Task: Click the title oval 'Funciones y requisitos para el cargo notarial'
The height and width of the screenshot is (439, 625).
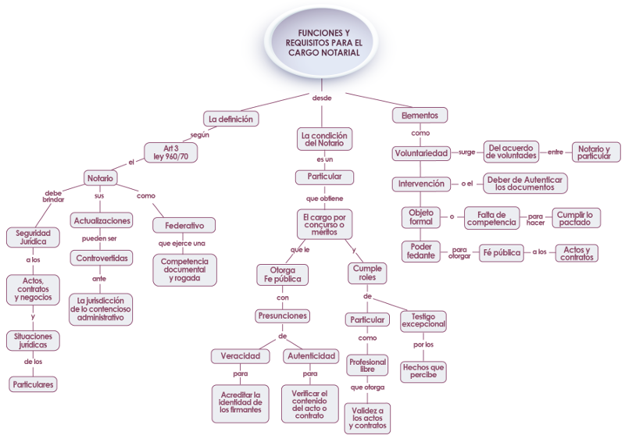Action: coord(321,43)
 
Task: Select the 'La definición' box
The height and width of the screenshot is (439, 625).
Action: coord(230,119)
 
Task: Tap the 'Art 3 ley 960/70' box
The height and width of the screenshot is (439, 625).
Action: coord(170,152)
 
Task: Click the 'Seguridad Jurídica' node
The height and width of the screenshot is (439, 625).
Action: coord(33,237)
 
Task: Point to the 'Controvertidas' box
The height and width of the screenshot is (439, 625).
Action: coord(102,258)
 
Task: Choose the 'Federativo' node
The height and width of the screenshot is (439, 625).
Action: coord(184,226)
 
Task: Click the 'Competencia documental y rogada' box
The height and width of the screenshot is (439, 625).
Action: coord(184,269)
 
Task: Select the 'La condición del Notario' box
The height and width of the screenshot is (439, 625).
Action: coord(324,139)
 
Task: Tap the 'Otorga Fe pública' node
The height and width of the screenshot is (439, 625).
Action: coord(283,275)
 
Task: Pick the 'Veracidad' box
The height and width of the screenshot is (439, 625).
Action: coord(241,355)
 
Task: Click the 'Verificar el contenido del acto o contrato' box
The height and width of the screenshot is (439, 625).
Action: coord(309,404)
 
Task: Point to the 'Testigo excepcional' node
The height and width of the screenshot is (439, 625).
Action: coord(423,321)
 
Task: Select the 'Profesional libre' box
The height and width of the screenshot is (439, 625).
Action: coord(367,366)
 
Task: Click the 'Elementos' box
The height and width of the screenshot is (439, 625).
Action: coord(420,115)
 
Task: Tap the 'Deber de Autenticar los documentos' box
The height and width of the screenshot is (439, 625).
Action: coord(525,184)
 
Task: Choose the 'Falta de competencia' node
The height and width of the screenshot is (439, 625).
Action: coord(492,218)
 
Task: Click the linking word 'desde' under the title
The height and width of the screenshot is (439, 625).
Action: coord(322,98)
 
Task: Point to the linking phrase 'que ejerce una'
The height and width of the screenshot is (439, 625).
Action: coord(182,244)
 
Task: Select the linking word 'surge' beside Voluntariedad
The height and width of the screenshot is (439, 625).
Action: coord(466,152)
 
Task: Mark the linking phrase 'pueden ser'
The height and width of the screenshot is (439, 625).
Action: coord(99,238)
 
